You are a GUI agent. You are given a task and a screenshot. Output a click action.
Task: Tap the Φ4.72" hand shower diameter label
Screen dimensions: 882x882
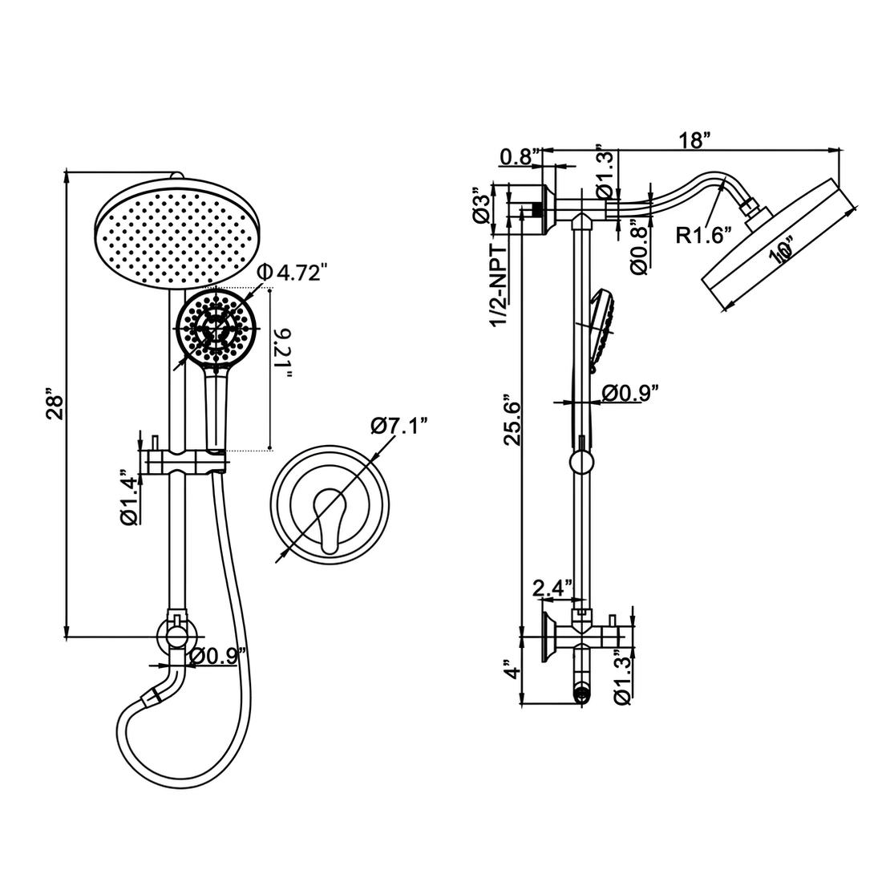click(x=293, y=273)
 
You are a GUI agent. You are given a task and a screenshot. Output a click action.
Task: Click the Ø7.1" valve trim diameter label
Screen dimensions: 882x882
click(x=400, y=425)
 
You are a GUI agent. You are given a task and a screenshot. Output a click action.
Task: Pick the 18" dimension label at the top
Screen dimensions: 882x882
click(x=694, y=140)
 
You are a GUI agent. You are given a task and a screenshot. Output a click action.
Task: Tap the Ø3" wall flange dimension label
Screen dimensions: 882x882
click(x=481, y=207)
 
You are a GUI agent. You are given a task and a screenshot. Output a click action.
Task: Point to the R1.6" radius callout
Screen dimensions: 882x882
click(x=705, y=235)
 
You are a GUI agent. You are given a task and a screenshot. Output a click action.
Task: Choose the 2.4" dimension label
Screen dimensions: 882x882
click(x=552, y=587)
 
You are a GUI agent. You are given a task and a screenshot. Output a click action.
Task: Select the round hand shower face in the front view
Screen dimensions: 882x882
click(x=214, y=327)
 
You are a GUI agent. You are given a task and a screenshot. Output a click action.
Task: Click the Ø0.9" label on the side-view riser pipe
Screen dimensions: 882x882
click(x=631, y=393)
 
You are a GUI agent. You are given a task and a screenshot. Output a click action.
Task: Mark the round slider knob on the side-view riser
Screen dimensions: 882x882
click(x=581, y=462)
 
